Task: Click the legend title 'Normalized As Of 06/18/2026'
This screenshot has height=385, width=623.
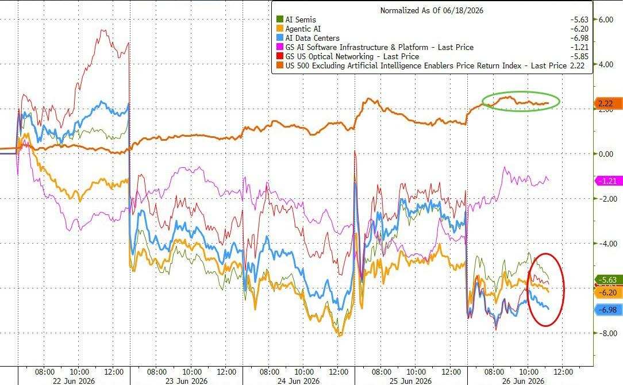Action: pos(432,11)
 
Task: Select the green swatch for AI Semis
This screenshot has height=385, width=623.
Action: pos(280,20)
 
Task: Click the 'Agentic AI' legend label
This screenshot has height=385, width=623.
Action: pos(303,29)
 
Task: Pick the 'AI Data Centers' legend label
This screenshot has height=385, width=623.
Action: pos(312,38)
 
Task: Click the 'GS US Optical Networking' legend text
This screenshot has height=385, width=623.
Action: pos(329,56)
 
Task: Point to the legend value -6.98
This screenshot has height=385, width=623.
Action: pos(579,38)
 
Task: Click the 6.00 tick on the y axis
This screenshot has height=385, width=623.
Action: pos(606,20)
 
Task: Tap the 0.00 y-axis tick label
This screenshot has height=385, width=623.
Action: pos(606,154)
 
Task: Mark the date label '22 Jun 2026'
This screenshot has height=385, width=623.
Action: pos(74,380)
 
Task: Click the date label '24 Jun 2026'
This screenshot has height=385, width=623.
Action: pos(298,380)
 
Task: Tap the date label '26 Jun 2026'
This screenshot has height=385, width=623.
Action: pos(523,380)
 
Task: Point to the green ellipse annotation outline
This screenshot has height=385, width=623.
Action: pos(521,93)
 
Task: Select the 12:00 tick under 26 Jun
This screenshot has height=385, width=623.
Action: pos(563,372)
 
